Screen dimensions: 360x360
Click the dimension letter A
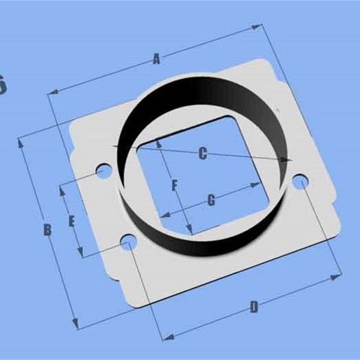[156, 59]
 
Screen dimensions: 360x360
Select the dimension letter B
[47, 230]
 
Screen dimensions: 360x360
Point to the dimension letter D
[254, 307]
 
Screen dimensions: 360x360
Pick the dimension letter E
[71, 222]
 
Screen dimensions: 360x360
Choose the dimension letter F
[175, 185]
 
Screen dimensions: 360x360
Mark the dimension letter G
[211, 201]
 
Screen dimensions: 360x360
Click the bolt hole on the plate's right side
[299, 181]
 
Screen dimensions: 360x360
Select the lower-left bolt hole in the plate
[127, 243]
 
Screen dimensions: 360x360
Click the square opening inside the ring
[199, 175]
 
